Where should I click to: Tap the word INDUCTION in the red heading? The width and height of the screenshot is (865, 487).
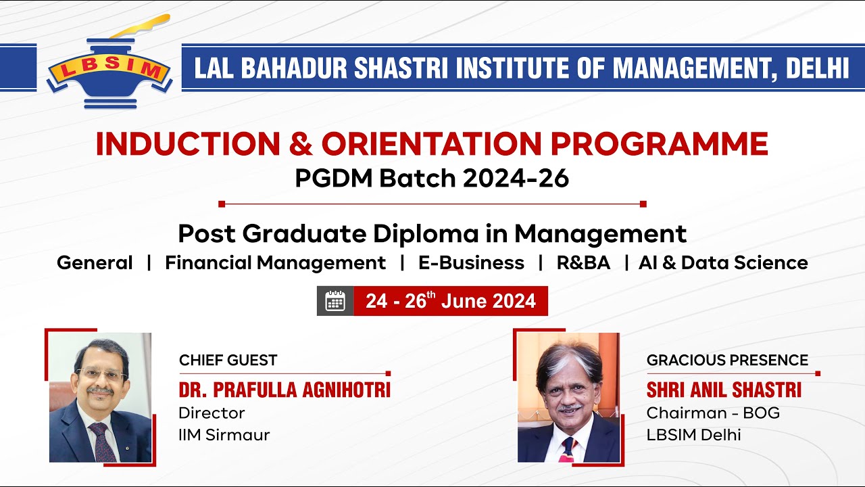click(x=187, y=144)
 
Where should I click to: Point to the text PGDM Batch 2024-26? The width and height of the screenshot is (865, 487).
click(x=432, y=179)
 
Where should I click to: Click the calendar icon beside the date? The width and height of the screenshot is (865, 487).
click(x=335, y=301)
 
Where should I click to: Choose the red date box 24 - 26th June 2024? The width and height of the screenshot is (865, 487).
click(x=451, y=301)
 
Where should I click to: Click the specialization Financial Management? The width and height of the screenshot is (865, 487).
click(x=275, y=262)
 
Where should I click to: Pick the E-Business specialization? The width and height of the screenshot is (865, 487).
click(x=471, y=262)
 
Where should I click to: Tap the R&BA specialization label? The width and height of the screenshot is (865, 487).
click(x=583, y=262)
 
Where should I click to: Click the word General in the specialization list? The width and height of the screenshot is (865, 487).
click(x=95, y=262)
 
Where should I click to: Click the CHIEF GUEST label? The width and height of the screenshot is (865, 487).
click(x=228, y=361)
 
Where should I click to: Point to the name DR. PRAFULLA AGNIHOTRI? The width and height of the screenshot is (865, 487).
click(x=285, y=390)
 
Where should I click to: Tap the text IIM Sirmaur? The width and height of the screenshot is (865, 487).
click(x=224, y=435)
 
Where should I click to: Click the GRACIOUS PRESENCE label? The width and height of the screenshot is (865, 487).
click(x=727, y=361)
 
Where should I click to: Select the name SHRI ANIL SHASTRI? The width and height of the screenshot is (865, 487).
click(x=724, y=390)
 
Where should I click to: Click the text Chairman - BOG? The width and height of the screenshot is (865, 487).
click(x=713, y=413)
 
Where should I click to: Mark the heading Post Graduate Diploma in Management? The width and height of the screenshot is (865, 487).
click(x=432, y=234)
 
